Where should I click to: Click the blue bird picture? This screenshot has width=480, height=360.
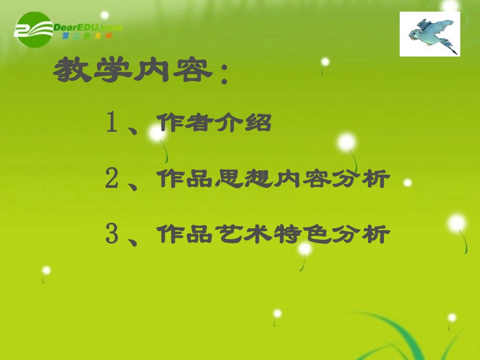pos(430,34)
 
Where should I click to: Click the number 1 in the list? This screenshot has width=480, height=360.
pos(112,123)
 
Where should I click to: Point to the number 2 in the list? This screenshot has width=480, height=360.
pos(112,179)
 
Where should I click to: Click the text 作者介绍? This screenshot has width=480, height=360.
pos(214,123)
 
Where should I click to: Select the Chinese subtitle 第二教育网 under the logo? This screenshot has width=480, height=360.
pos(86,37)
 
